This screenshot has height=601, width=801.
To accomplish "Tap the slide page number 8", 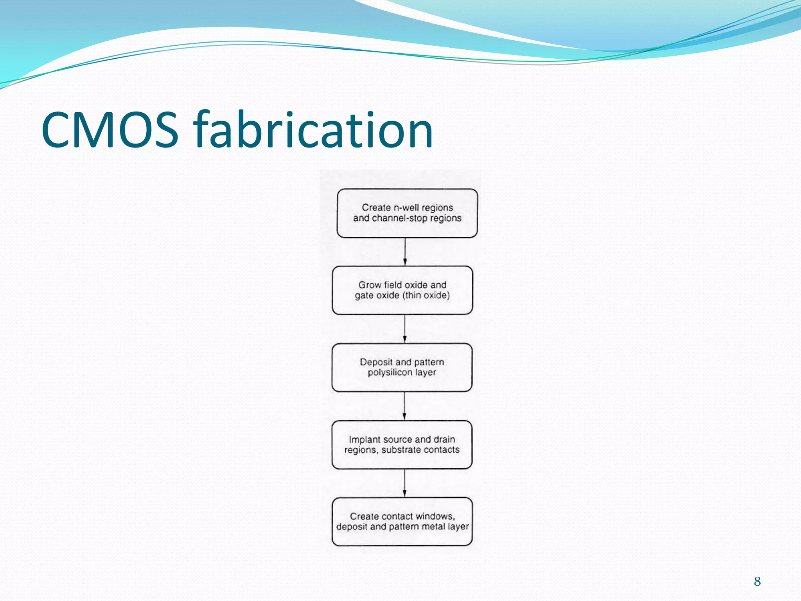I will click(757, 581).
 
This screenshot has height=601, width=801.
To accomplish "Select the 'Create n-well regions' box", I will click(407, 213).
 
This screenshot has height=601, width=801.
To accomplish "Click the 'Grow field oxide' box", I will click(402, 290).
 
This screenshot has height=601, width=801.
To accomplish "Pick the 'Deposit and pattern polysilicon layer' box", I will click(402, 367).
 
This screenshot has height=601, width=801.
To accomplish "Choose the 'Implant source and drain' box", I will click(402, 444).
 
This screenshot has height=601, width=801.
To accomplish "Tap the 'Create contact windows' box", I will click(402, 522).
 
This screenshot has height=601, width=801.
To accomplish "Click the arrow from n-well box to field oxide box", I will click(405, 252).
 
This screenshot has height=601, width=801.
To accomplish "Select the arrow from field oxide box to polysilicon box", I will click(404, 329).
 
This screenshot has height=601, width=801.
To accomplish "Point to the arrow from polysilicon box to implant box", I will click(404, 406).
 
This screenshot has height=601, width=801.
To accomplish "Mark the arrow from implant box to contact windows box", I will click(404, 483).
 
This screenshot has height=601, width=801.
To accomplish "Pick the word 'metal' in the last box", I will click(433, 527).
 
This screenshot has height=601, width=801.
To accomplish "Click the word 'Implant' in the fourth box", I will click(364, 440).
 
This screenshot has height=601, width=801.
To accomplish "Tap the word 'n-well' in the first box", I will click(406, 208).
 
